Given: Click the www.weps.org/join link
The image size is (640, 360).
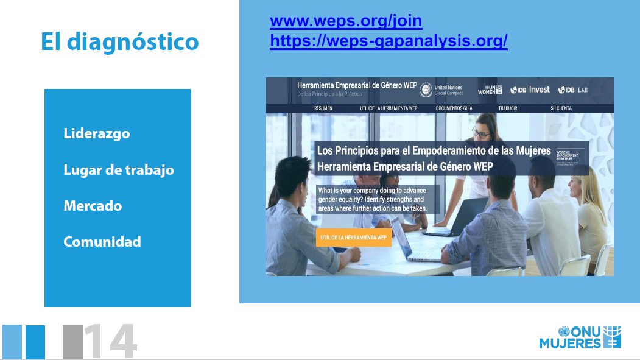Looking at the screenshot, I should pos(346,21).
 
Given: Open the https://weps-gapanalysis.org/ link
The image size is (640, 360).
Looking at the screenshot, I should pos(389,41).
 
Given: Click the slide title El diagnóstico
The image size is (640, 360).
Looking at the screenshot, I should pos(119,41).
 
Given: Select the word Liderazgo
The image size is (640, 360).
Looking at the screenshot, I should pos(97,133).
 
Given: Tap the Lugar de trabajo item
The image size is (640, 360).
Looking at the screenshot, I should pos(119,170).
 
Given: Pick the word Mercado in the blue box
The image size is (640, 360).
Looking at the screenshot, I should pos(93,206).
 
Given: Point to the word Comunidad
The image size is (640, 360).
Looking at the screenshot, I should pos(102,242).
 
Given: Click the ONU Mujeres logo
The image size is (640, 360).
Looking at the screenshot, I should pos(580,338).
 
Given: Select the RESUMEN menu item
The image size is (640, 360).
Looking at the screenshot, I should pos(323,108).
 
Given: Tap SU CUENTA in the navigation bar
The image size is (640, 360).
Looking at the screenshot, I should pos(561,108).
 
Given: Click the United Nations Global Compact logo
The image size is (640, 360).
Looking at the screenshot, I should pos(441,90).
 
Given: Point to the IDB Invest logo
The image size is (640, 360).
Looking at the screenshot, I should pos(530,90).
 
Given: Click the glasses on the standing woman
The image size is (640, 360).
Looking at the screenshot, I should pos(480,132).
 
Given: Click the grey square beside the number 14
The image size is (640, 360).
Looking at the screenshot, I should pos(72,342).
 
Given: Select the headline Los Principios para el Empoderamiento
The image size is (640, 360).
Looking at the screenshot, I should pos(434,150).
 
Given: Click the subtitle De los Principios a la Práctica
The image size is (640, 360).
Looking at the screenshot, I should pos(329,94).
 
